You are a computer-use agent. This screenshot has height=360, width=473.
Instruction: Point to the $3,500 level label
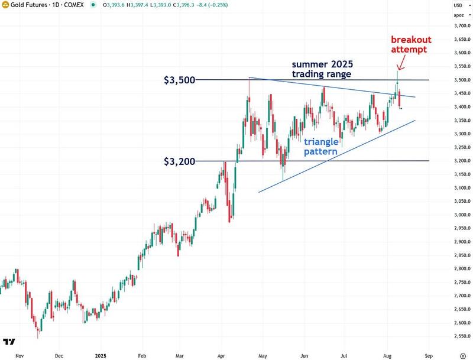pos(179,80)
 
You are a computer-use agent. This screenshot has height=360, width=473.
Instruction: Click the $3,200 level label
pos(179,161)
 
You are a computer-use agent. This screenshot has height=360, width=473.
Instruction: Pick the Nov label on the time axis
pos(19,356)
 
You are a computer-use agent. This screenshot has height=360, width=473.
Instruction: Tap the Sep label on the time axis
pos(429,356)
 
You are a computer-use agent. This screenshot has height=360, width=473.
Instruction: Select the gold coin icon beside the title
pos(5,5)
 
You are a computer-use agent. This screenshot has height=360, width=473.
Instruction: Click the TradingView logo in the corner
pos(9,342)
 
